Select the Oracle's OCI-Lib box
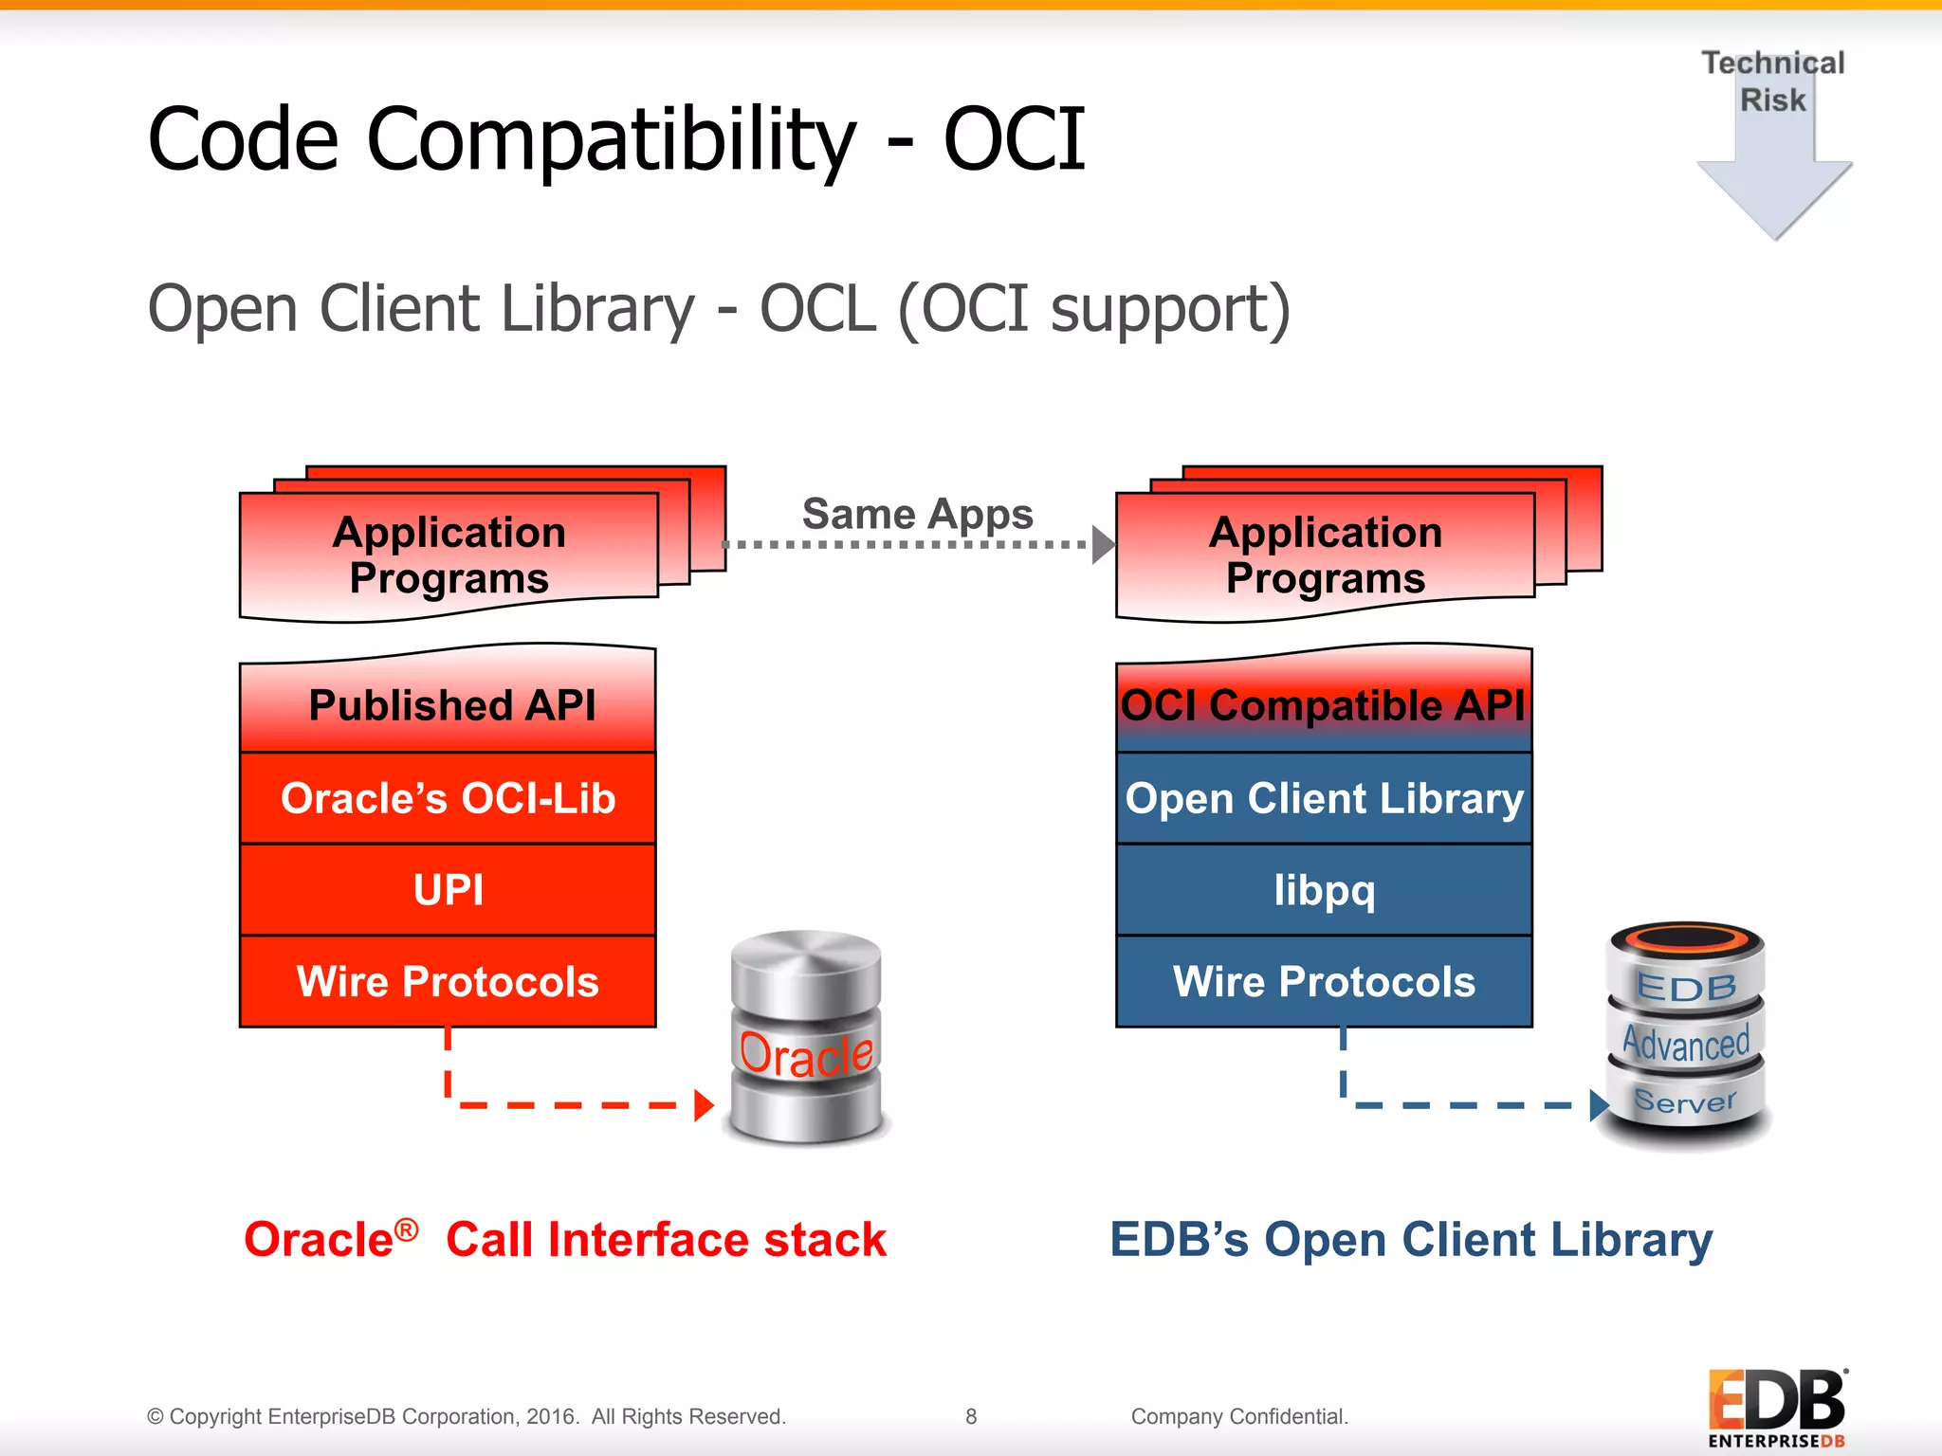pyautogui.click(x=449, y=798)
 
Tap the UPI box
pyautogui.click(x=449, y=889)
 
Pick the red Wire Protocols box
pyautogui.click(x=449, y=981)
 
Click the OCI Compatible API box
pyautogui.click(x=1324, y=704)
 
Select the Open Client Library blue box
pyautogui.click(x=1324, y=798)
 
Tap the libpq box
pyautogui.click(x=1324, y=889)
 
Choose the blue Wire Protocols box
pyautogui.click(x=1324, y=981)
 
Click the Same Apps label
pyautogui.click(x=917, y=514)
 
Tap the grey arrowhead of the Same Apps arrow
pyautogui.click(x=1102, y=545)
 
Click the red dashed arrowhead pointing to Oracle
pyautogui.click(x=703, y=1105)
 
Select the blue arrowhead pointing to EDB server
pyautogui.click(x=1599, y=1105)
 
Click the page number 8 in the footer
pyautogui.click(x=971, y=1416)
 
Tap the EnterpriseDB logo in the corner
pyautogui.click(x=1776, y=1408)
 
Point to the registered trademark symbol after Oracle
pyautogui.click(x=406, y=1229)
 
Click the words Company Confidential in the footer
pyautogui.click(x=1238, y=1416)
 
